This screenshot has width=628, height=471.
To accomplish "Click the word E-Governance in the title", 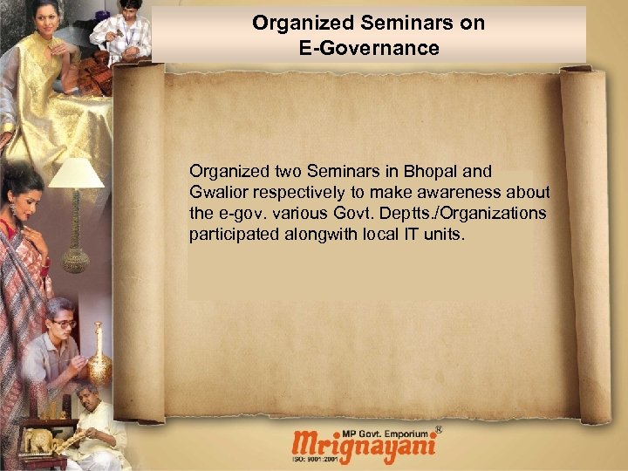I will [368, 48].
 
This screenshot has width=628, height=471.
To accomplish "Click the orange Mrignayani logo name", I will [365, 447].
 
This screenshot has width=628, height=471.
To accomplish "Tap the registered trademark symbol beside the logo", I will [438, 429].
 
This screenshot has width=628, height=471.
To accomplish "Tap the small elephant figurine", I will [39, 441].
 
